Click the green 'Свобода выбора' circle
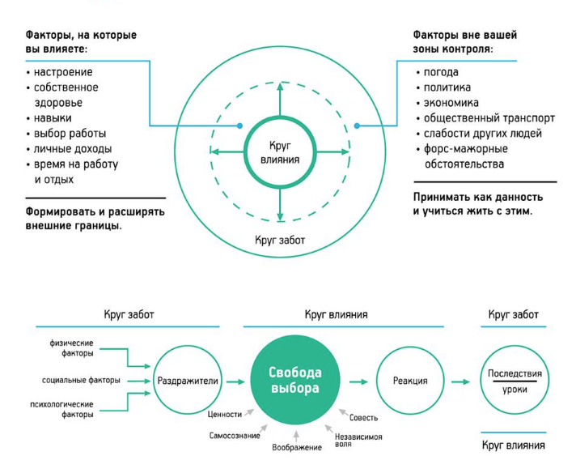click(294, 381)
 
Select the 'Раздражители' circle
click(186, 381)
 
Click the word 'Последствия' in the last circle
click(515, 373)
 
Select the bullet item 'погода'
click(441, 72)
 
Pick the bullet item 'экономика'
click(451, 103)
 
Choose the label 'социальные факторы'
click(81, 380)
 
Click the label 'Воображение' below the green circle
click(296, 447)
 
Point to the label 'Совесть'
click(363, 418)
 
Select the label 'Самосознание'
click(235, 436)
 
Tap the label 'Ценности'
click(225, 414)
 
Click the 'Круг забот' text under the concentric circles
click(280, 240)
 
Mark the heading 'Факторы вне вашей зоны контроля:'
click(464, 42)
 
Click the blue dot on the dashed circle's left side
click(240, 126)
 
